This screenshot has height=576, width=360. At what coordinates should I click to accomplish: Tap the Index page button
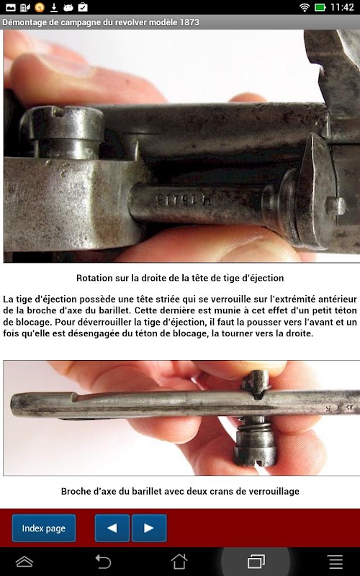(44, 528)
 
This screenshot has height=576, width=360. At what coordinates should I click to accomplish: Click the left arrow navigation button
(112, 528)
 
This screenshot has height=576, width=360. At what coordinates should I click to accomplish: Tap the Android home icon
(179, 562)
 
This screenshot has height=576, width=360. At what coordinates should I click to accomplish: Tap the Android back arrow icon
(103, 562)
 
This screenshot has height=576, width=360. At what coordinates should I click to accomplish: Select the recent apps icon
(256, 562)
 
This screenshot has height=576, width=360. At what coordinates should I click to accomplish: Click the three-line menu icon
(336, 562)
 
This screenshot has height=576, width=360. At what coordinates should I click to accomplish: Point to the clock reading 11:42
(342, 7)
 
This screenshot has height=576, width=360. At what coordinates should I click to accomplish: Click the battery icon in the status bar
(320, 7)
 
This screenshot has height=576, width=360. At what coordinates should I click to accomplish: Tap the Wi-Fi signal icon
(304, 7)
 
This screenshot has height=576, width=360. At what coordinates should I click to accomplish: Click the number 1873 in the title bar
(189, 22)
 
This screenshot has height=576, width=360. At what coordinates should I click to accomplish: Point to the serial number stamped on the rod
(184, 200)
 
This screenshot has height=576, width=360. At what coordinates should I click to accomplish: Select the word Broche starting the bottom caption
(74, 492)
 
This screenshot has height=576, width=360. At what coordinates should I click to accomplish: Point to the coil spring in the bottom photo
(254, 426)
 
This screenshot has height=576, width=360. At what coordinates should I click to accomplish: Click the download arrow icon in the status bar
(54, 7)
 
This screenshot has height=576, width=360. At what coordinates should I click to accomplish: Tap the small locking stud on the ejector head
(336, 206)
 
